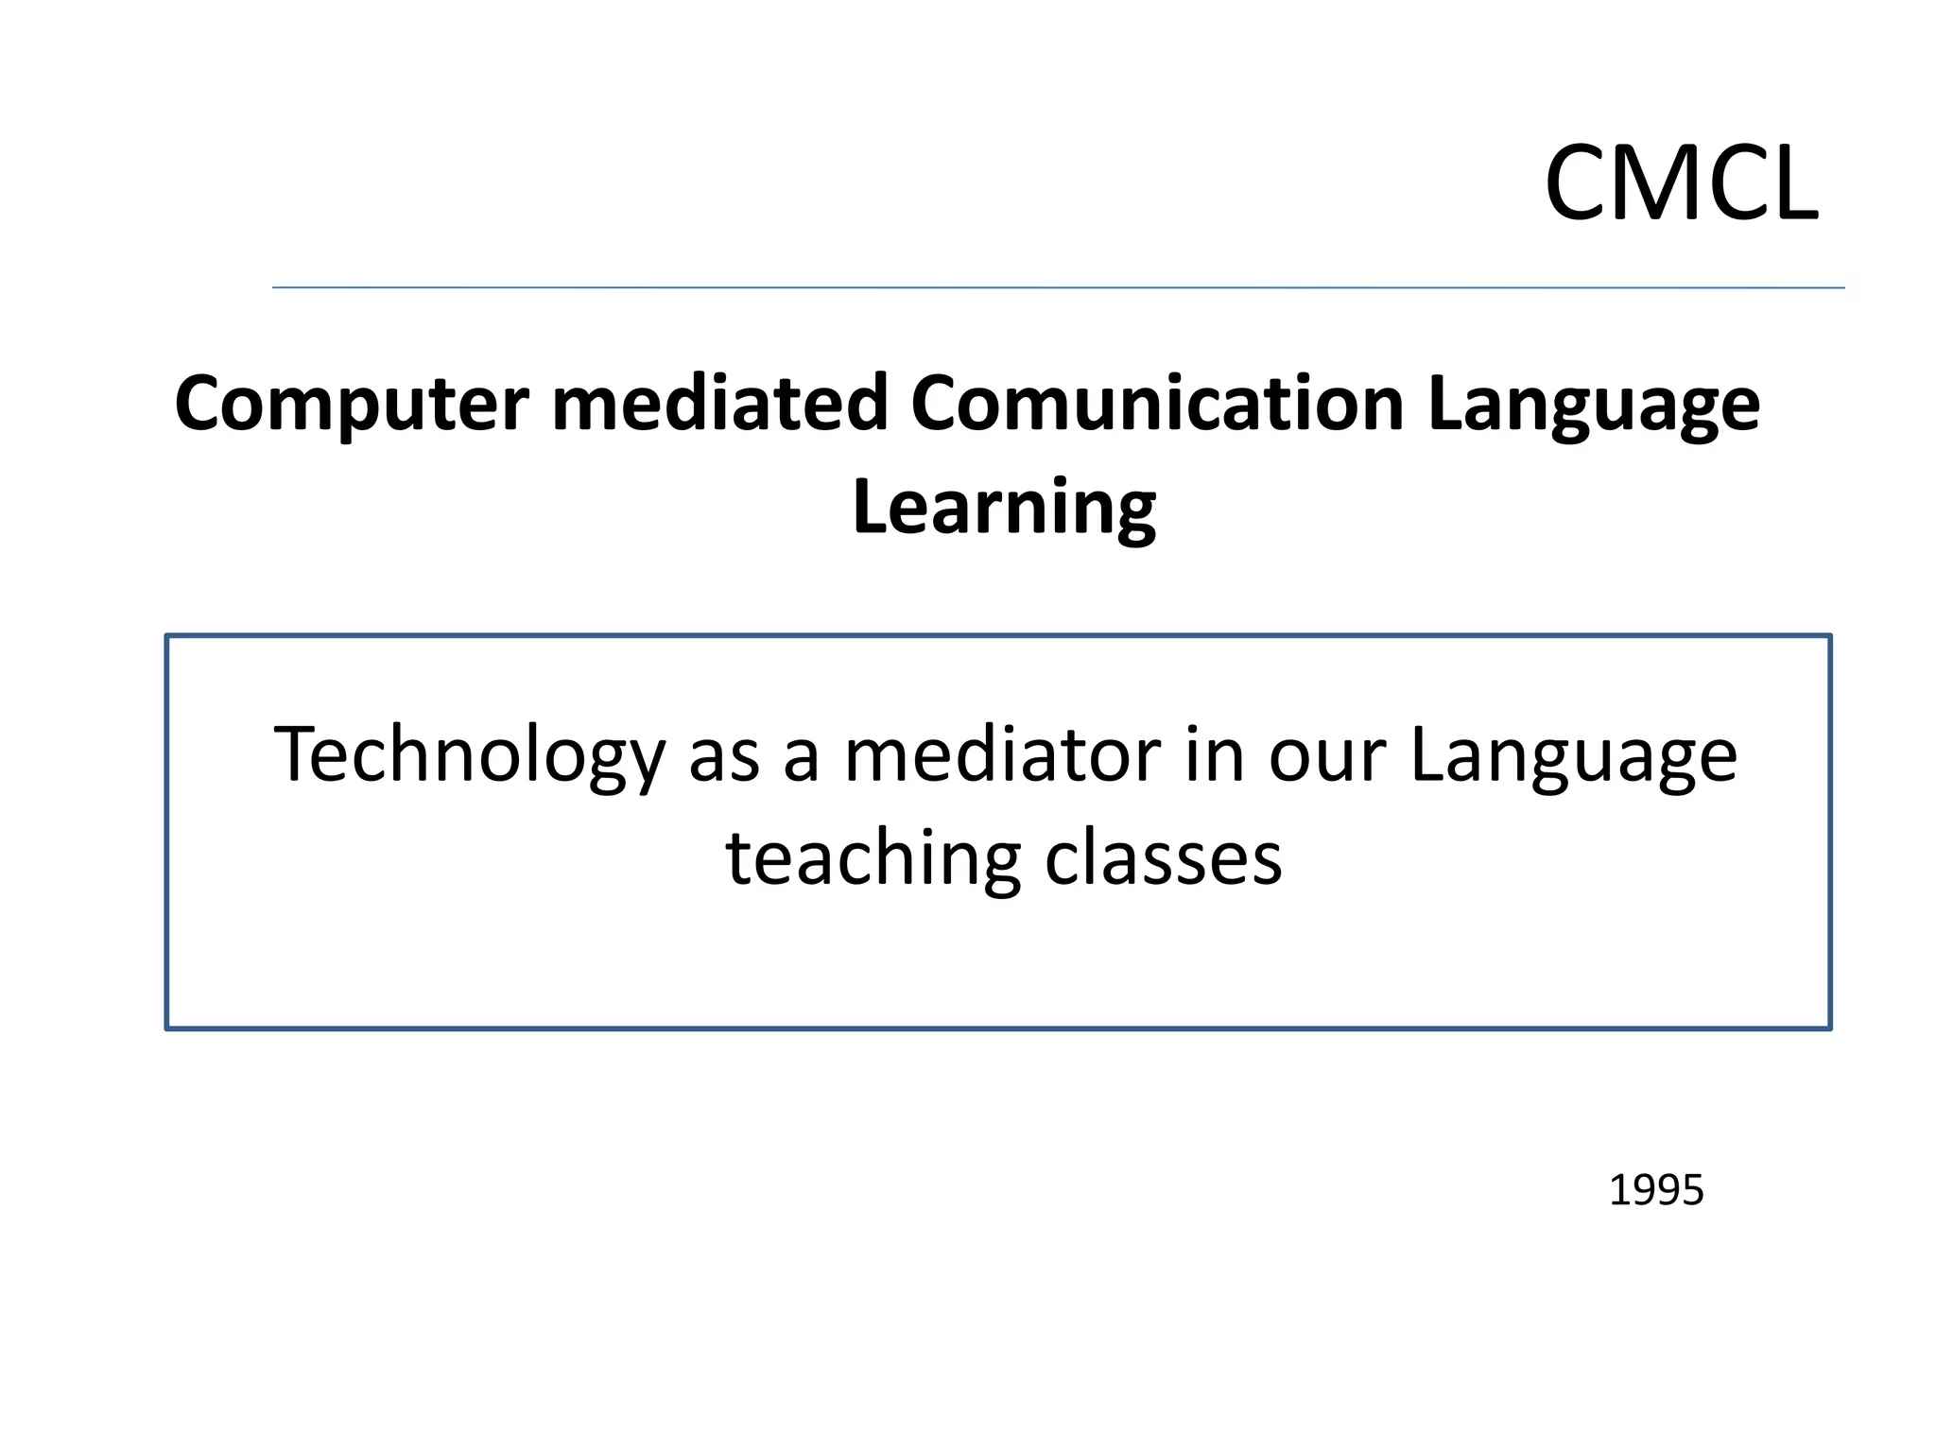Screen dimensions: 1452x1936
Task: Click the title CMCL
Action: click(x=1681, y=182)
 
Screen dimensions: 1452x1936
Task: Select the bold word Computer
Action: click(x=351, y=404)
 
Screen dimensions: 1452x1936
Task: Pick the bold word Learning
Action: click(x=1004, y=508)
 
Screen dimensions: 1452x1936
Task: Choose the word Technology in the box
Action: click(x=469, y=755)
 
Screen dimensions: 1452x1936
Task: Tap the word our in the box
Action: click(x=1326, y=757)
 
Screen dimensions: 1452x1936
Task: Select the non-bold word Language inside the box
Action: click(x=1573, y=757)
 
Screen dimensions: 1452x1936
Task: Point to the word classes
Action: click(x=1164, y=858)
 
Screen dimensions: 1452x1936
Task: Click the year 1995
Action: click(x=1655, y=1190)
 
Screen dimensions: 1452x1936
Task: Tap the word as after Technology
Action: click(x=723, y=757)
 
